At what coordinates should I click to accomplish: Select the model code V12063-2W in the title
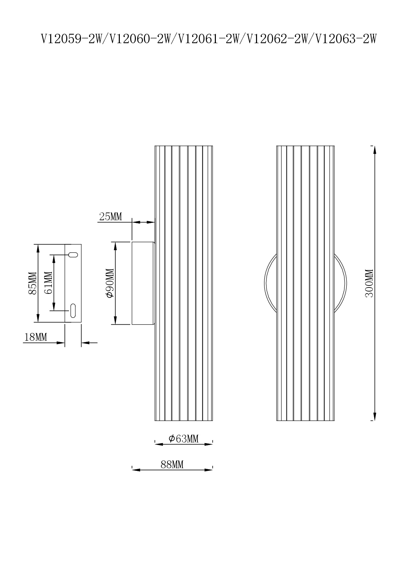(x=346, y=39)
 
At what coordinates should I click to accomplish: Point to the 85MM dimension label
(x=32, y=283)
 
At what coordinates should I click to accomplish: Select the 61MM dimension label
(x=48, y=282)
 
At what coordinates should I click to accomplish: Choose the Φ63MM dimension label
(x=184, y=438)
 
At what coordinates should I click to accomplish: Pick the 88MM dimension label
(x=172, y=465)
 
